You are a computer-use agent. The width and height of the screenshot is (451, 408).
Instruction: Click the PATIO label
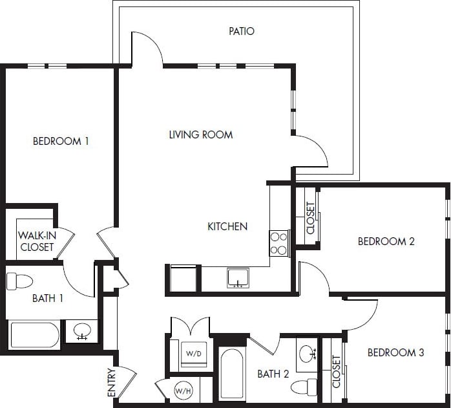pyautogui.click(x=242, y=31)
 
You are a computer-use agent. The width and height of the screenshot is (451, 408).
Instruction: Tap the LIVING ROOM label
pyautogui.click(x=201, y=135)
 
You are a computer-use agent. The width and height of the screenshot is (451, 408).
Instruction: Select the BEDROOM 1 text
pyautogui.click(x=61, y=141)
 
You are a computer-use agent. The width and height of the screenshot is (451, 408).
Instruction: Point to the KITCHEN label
pyautogui.click(x=227, y=226)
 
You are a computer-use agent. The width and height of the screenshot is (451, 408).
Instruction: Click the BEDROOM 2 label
pyautogui.click(x=386, y=241)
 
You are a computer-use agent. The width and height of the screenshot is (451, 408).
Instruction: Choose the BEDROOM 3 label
pyautogui.click(x=395, y=352)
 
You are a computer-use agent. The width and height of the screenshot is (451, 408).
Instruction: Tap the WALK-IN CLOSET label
pyautogui.click(x=37, y=241)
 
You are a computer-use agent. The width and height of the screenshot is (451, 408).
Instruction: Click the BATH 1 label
pyautogui.click(x=47, y=299)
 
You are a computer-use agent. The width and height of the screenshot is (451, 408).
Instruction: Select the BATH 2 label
pyautogui.click(x=272, y=374)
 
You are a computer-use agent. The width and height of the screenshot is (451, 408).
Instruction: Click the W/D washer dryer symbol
pyautogui.click(x=193, y=354)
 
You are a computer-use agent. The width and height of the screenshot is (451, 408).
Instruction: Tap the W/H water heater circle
pyautogui.click(x=184, y=390)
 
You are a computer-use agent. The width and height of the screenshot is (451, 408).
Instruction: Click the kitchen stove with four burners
pyautogui.click(x=278, y=243)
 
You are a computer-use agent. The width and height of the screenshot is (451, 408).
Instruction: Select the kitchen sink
pyautogui.click(x=238, y=277)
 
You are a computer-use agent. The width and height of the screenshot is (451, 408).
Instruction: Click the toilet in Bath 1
pyautogui.click(x=19, y=281)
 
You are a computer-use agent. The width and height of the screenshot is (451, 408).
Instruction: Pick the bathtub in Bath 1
pyautogui.click(x=35, y=335)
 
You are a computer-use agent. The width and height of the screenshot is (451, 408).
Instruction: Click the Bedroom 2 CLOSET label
pyautogui.click(x=311, y=218)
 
